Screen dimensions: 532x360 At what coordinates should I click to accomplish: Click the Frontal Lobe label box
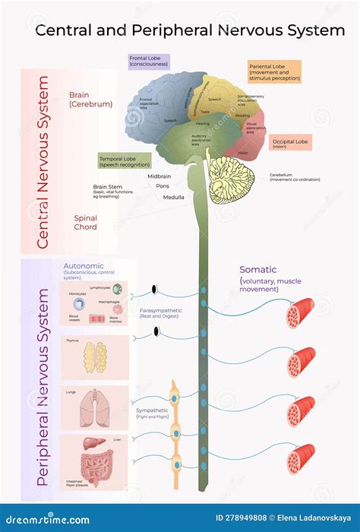[x=149, y=61]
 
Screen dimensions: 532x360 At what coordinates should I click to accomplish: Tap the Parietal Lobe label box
[x=274, y=71]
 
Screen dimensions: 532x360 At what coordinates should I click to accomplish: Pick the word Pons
[x=163, y=185]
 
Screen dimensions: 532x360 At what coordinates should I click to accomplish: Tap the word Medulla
[x=173, y=197]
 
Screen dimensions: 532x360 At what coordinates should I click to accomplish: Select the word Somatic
[x=258, y=270]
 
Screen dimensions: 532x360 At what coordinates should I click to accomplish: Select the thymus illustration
[x=95, y=356]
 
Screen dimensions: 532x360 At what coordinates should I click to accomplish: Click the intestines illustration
[x=97, y=462]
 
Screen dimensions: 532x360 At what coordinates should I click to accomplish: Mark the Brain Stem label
[x=108, y=186]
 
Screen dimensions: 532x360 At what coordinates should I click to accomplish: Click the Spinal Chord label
[x=85, y=222]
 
